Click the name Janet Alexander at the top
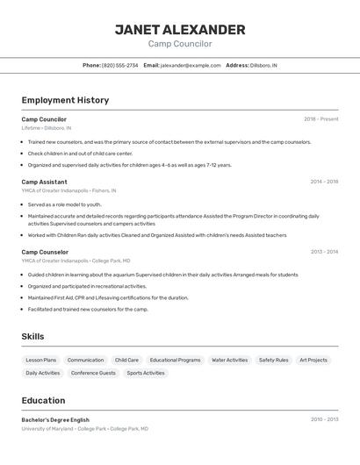tap(180, 29)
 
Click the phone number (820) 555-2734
tap(119, 65)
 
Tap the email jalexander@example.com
tap(191, 65)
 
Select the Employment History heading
tap(65, 100)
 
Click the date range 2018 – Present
tap(320, 119)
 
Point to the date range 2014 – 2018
tap(324, 182)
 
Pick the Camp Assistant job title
tap(44, 182)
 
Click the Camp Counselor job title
tap(45, 252)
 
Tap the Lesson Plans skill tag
tap(40, 360)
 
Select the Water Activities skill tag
tap(230, 360)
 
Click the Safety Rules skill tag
tap(273, 360)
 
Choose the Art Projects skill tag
tap(313, 360)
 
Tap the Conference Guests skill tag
tap(93, 373)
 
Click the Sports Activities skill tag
tap(146, 373)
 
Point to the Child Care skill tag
tap(126, 360)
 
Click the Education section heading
tap(43, 400)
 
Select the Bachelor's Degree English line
tap(55, 419)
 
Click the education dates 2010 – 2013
tap(324, 419)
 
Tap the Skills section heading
tap(32, 336)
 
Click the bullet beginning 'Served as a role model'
tap(64, 204)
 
